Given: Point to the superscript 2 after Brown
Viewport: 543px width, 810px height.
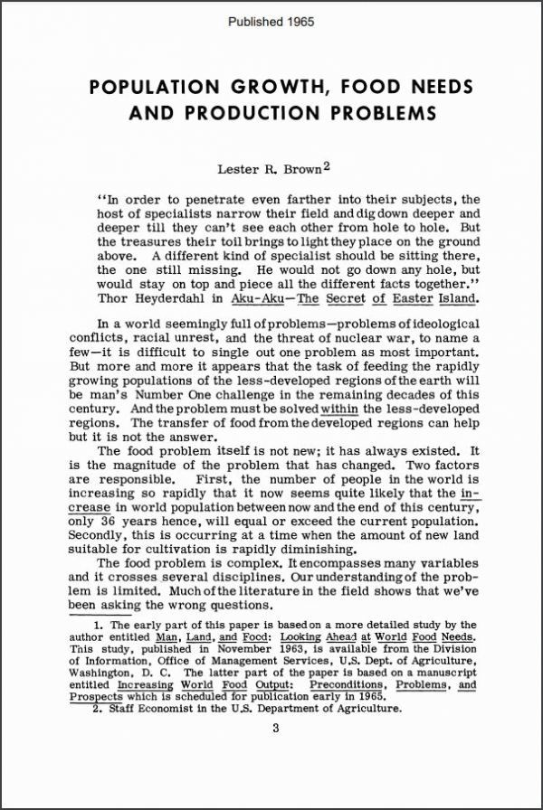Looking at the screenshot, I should tap(327, 165).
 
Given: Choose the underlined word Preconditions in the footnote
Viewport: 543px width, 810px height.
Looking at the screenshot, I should tap(345, 684).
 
